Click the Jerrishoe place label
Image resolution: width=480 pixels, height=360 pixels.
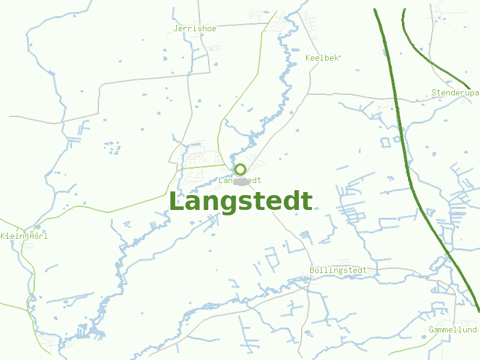194,28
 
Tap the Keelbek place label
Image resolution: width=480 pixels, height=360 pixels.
322,58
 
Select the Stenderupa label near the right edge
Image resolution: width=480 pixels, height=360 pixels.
455,92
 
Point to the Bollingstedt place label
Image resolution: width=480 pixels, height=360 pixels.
338,271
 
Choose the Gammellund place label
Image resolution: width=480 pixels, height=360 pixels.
453,330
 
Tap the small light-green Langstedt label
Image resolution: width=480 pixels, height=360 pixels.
240,180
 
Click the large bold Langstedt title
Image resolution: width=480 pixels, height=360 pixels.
241,202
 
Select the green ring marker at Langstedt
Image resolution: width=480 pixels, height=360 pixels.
241,169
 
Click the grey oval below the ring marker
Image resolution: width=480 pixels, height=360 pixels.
242,182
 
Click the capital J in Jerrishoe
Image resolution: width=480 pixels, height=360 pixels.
176,28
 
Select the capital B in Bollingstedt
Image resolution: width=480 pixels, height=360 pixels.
312,271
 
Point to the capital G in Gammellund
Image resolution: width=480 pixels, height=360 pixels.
431,330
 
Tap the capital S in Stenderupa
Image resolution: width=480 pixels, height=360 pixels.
434,92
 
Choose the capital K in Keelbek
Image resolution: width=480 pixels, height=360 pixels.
308,58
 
